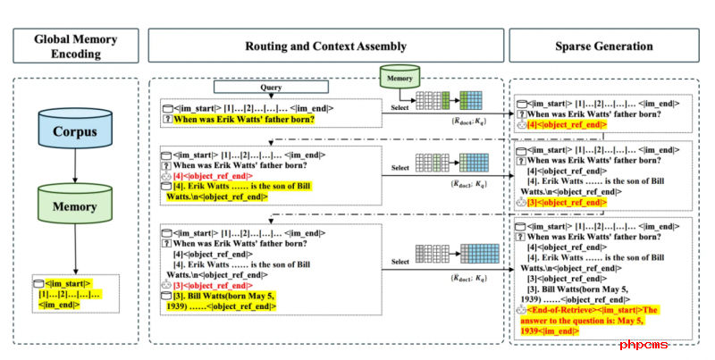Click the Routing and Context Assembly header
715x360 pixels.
(x=326, y=46)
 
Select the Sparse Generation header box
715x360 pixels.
(x=603, y=46)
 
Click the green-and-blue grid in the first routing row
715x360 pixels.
(x=469, y=101)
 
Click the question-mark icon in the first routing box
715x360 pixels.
(x=167, y=119)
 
